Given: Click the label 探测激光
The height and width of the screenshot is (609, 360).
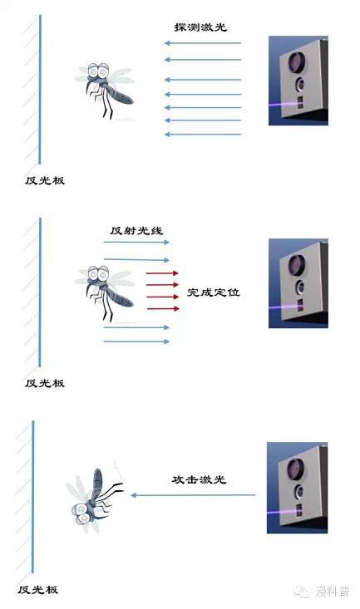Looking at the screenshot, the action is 200,27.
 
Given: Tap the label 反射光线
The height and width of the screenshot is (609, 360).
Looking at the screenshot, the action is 136,230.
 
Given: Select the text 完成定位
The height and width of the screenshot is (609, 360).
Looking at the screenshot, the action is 214,292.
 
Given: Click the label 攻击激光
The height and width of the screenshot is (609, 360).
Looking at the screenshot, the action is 199,479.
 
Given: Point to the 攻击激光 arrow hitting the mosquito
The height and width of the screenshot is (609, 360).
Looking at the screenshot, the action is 193,495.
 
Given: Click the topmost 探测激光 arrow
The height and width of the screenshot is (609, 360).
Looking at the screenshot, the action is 203,43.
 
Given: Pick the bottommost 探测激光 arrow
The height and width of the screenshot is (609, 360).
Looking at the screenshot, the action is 203,135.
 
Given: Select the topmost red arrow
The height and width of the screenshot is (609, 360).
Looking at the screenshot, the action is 162,273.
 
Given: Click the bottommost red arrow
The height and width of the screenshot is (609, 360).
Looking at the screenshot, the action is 163,309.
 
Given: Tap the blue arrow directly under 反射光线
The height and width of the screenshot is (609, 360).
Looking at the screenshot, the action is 136,242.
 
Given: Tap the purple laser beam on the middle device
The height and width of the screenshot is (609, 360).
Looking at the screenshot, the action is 284,307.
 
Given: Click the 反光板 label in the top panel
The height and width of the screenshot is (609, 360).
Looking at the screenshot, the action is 45,180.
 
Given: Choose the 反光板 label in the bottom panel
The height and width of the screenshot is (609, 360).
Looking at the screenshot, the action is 37,590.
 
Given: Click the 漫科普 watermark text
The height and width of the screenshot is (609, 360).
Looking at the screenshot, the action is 333,592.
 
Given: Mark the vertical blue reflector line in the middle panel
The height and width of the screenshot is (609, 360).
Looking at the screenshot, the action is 40,292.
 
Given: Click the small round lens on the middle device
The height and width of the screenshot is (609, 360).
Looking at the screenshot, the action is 300,287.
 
